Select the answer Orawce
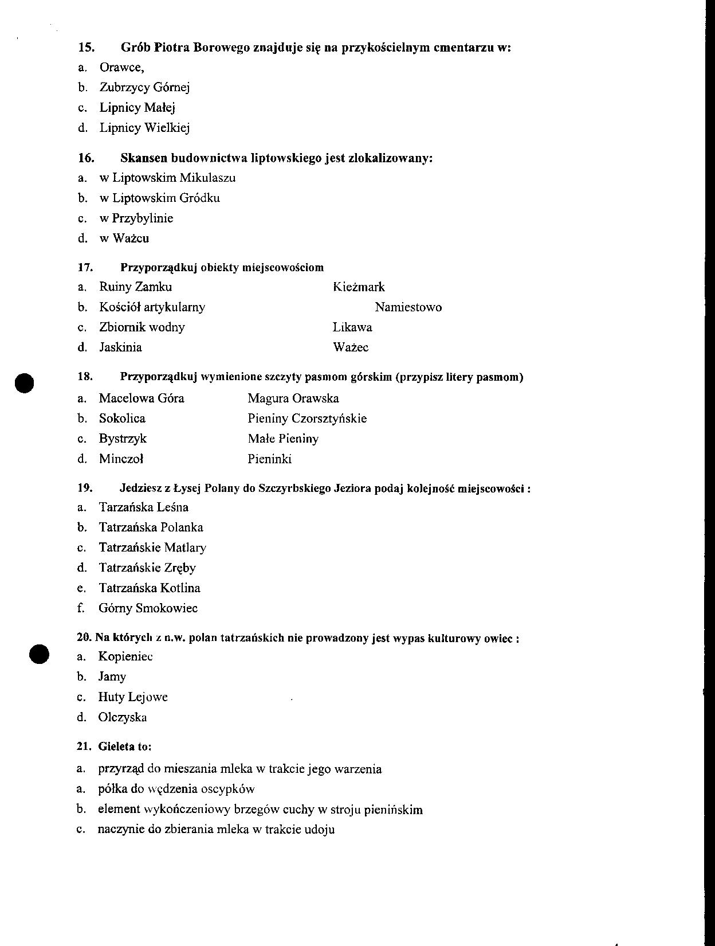pyautogui.click(x=121, y=68)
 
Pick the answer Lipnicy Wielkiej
pyautogui.click(x=144, y=128)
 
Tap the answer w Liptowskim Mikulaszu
pyautogui.click(x=167, y=178)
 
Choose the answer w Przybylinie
pyautogui.click(x=136, y=218)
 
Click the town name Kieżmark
pyautogui.click(x=359, y=287)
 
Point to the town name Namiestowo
pyautogui.click(x=408, y=307)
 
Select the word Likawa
pyautogui.click(x=352, y=327)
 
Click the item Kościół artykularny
pyautogui.click(x=152, y=307)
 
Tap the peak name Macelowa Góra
pyautogui.click(x=142, y=398)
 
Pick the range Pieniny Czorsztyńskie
pyautogui.click(x=307, y=419)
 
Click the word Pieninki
pyautogui.click(x=270, y=459)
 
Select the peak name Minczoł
pyautogui.click(x=121, y=459)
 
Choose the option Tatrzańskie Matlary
pyautogui.click(x=152, y=548)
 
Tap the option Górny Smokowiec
pyautogui.click(x=148, y=608)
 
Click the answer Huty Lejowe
pyautogui.click(x=133, y=697)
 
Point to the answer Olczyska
pyautogui.click(x=123, y=717)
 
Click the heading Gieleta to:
pyautogui.click(x=124, y=746)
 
